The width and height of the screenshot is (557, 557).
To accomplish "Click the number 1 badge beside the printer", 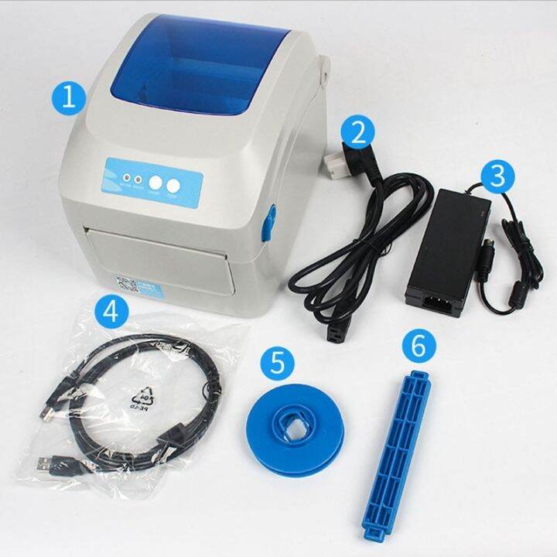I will click(x=68, y=98).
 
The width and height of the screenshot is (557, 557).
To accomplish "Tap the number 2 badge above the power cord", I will click(x=357, y=131).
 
